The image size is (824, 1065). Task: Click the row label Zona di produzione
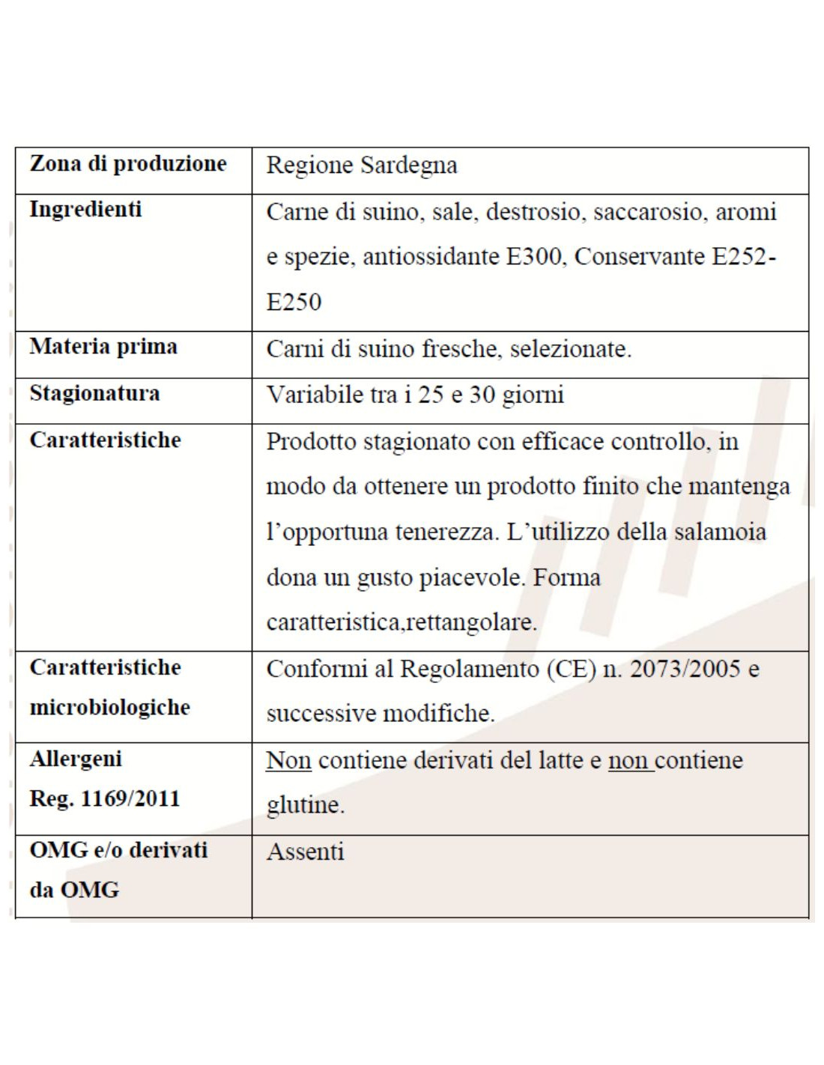[128, 163]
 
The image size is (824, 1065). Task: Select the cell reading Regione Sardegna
[362, 166]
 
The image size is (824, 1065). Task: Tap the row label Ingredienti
[85, 209]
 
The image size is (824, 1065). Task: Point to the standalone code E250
[294, 303]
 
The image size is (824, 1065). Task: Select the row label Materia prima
[103, 347]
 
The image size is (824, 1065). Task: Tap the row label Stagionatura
[94, 393]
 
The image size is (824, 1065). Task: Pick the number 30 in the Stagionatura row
[482, 395]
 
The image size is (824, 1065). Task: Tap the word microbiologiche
[110, 707]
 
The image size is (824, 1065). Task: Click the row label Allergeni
[76, 759]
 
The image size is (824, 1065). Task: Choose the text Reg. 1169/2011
[105, 798]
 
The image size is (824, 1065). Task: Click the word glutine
[305, 806]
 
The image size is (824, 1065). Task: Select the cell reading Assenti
[306, 852]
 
